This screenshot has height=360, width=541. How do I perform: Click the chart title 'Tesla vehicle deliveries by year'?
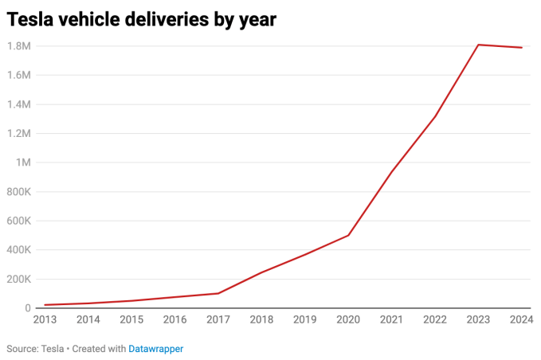[142, 21]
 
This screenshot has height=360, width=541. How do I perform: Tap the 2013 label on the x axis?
[45, 320]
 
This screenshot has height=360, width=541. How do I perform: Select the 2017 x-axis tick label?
[218, 320]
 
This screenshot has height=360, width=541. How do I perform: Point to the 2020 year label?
[347, 320]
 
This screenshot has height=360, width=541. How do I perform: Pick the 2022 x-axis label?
[434, 320]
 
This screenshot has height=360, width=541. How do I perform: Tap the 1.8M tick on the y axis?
[18, 46]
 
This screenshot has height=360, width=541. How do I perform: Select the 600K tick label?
[18, 221]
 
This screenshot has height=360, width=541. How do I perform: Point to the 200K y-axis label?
[18, 279]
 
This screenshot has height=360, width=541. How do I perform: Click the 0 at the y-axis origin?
[28, 308]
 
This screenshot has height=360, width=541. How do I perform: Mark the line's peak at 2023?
[478, 45]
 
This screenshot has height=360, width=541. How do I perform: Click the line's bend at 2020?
[348, 235]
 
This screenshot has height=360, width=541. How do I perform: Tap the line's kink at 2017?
[218, 293]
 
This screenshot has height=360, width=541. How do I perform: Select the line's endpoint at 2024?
[522, 48]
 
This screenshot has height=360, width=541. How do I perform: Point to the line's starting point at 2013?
[45, 305]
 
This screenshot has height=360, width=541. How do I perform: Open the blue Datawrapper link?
[155, 349]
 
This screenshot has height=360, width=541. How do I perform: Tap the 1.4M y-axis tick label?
[18, 104]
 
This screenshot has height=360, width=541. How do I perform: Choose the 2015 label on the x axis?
[131, 320]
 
